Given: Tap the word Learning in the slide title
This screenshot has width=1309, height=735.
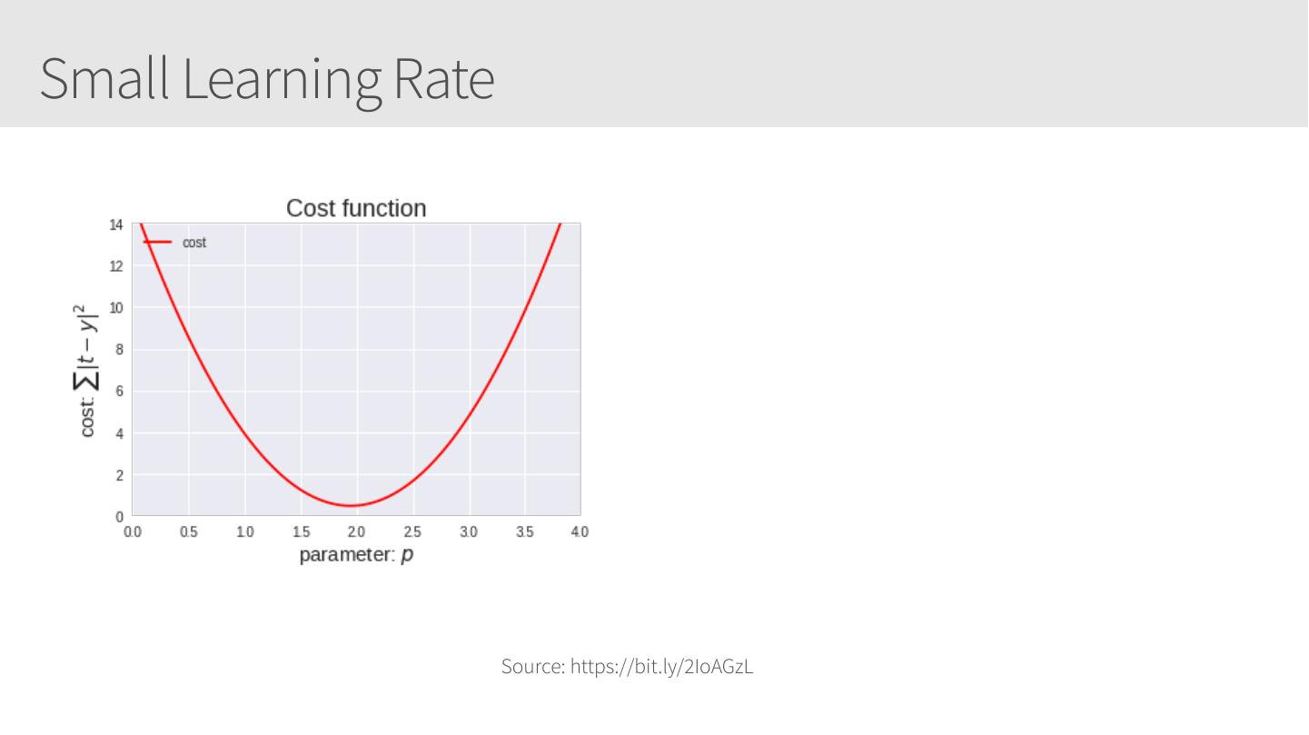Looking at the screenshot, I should coord(282,79).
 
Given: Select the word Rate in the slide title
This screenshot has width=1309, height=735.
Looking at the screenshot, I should coord(443,79).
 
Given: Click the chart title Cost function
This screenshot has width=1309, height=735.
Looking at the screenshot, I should coord(356,208).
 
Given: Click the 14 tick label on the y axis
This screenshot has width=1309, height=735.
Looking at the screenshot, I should coord(115,224).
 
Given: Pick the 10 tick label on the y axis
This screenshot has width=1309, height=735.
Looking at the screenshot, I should coord(115,308).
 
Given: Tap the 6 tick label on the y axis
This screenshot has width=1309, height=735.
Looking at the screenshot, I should coord(119,392).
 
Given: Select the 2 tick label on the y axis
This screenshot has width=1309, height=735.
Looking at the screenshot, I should coord(119,475).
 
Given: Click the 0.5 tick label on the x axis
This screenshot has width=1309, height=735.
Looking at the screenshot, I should coord(188,531).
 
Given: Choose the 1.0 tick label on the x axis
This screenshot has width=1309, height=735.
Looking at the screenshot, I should coord(244,531).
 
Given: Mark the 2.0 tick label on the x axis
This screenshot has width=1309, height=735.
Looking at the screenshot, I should coord(357,531).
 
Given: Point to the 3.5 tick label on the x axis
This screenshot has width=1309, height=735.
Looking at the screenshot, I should coord(525,531).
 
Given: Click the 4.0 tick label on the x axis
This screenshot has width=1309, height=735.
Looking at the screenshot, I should coord(580,531).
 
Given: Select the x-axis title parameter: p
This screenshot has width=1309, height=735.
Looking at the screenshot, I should coord(356,554).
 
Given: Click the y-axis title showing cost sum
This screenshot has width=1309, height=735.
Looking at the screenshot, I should coord(87,370).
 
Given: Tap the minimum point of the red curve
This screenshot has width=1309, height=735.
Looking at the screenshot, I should coord(352,505).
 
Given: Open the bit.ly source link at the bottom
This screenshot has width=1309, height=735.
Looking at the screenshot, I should coord(661,667).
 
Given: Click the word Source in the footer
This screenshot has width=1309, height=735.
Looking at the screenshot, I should coord(533,667).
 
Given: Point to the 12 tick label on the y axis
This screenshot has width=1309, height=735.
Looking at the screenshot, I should coord(115,266).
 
